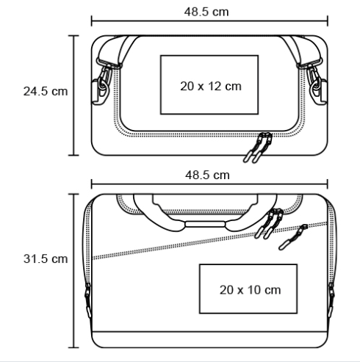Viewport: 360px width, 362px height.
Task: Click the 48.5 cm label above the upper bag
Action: [206, 12]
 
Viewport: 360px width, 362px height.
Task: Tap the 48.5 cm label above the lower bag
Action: [207, 175]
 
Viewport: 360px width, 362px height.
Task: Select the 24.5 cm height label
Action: [46, 91]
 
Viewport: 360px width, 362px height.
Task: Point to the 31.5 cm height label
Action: [46, 258]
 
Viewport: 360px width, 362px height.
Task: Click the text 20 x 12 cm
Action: [211, 86]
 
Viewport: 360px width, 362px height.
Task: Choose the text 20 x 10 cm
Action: [250, 290]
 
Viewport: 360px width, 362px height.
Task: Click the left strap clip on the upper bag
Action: [102, 83]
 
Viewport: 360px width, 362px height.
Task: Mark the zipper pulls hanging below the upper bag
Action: [258, 148]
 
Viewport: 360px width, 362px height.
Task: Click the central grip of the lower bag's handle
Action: [205, 224]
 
